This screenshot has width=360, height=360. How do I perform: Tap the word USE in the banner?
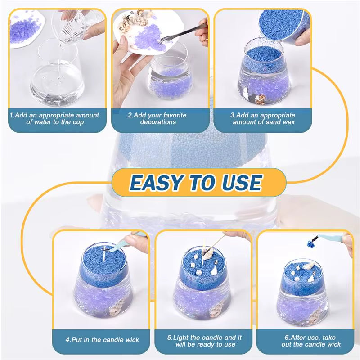click(x=240, y=182)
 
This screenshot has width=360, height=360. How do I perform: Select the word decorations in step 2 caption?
click(x=157, y=122)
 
